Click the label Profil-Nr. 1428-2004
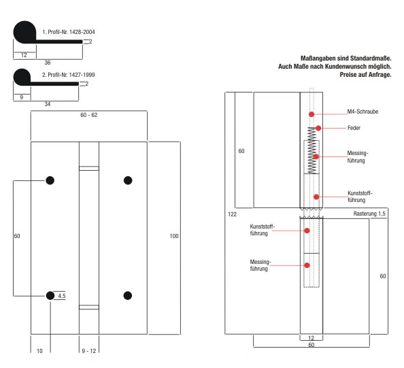71,32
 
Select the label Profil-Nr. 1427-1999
71,75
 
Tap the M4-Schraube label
363,112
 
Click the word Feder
354,128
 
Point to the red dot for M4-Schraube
312,114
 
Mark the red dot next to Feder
318,128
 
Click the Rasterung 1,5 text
369,214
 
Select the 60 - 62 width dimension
89,115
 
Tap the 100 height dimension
174,236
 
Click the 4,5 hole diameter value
62,296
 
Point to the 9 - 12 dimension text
89,351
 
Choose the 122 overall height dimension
232,214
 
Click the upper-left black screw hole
50,180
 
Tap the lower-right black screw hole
128,296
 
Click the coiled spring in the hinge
312,150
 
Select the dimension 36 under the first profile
48,63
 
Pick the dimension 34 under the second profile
48,104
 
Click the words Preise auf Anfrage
365,75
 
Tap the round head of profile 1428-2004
24,32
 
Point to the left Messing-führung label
260,265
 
